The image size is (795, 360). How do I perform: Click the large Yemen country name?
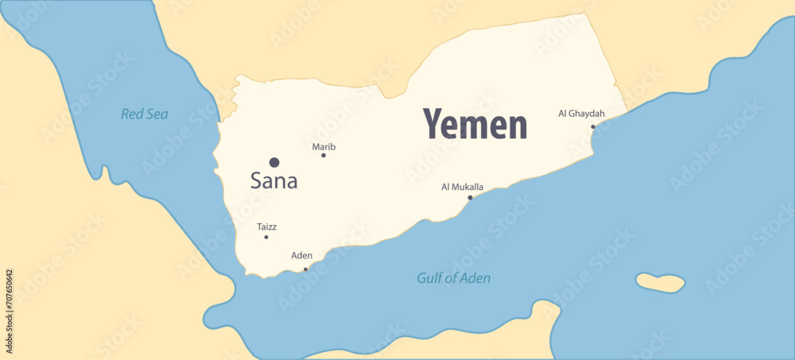tap(475, 125)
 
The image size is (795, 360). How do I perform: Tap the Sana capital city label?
tap(273, 181)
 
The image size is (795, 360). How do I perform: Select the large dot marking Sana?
tap(274, 162)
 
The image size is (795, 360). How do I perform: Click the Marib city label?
tap(324, 147)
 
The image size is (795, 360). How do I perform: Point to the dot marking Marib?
tap(324, 155)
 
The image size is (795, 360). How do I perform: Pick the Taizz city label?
tap(267, 227)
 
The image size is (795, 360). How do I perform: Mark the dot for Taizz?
tap(266, 237)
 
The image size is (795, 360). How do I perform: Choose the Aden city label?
tap(302, 256)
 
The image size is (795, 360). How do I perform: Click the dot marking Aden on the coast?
tap(305, 269)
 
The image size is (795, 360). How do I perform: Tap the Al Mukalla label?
tap(462, 187)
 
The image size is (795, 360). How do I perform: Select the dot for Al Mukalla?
tap(470, 197)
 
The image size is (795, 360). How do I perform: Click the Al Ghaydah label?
tap(581, 114)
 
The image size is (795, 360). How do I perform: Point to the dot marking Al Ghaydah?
tap(592, 126)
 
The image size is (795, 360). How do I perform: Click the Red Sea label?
tap(145, 114)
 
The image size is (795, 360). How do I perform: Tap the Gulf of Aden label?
tap(453, 278)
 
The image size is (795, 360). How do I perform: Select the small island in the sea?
tap(660, 282)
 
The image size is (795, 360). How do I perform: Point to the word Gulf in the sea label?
tap(430, 278)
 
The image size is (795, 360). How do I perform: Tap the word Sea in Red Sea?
tap(157, 114)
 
